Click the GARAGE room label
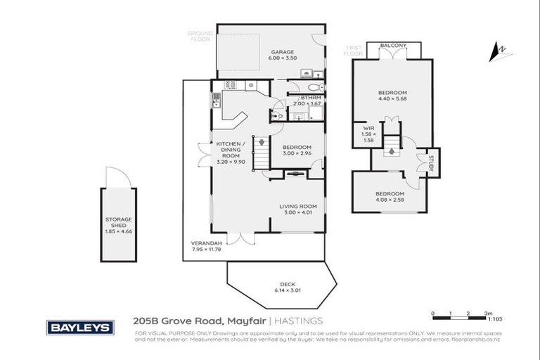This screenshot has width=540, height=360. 283,52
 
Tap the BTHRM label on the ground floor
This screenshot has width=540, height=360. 311,97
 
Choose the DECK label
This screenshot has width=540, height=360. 286,284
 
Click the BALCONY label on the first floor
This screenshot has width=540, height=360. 392,46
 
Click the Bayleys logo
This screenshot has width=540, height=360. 80,328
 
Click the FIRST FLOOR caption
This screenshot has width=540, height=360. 354,51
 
